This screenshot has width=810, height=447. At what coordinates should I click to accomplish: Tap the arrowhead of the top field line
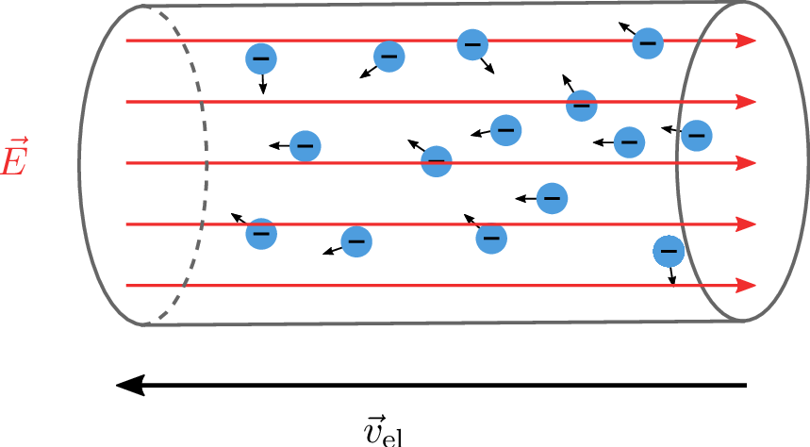[x=747, y=41]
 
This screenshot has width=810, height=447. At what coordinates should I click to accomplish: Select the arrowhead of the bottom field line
[x=747, y=285]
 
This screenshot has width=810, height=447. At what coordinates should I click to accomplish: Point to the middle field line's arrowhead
[x=747, y=163]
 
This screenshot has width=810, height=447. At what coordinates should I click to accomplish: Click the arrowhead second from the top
[x=747, y=102]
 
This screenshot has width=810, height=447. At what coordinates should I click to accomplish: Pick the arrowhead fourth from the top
[x=747, y=224]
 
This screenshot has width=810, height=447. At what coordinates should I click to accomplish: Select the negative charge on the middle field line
[x=436, y=161]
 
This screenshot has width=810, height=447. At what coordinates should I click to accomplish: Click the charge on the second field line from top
[x=582, y=105]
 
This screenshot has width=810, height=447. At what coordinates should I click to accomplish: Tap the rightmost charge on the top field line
[x=647, y=42]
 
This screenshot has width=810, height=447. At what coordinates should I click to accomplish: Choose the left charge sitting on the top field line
[x=472, y=44]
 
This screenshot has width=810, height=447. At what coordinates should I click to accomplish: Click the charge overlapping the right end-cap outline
[x=696, y=136]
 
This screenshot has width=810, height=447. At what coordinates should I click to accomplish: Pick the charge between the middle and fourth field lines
[x=552, y=198]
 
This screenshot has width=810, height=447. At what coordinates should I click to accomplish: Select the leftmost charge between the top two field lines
[x=261, y=58]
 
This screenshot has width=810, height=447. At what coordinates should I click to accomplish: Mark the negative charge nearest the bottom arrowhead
[x=669, y=251]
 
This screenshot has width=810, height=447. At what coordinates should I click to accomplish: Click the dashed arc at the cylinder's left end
[x=202, y=160]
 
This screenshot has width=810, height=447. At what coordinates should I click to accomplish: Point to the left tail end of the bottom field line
[x=128, y=285]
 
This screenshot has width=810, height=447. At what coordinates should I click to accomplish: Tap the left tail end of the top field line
[x=128, y=41]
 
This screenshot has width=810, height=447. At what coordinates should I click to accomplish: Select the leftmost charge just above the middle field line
[x=305, y=146]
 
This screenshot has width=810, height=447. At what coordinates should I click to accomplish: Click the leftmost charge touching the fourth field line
[x=261, y=233]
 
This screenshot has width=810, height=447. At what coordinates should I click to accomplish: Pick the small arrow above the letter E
[x=13, y=142]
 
